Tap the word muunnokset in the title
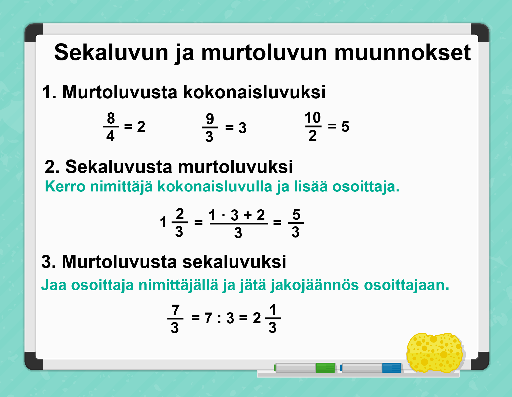coord(402,52)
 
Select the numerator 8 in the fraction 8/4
coord(111,118)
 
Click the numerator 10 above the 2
coord(313,117)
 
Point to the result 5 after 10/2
coord(345,126)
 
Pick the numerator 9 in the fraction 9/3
coord(210,119)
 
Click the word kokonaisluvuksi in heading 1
coord(254,92)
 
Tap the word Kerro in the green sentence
coord(65,186)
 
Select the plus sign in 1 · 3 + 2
coord(248,215)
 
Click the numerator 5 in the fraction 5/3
coord(296,214)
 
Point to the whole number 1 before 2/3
coord(163,222)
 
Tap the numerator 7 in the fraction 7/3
coord(176,310)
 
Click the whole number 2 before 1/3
coord(257,318)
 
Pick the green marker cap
coord(325,368)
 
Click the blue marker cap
coord(392,368)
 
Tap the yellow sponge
coord(435,352)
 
